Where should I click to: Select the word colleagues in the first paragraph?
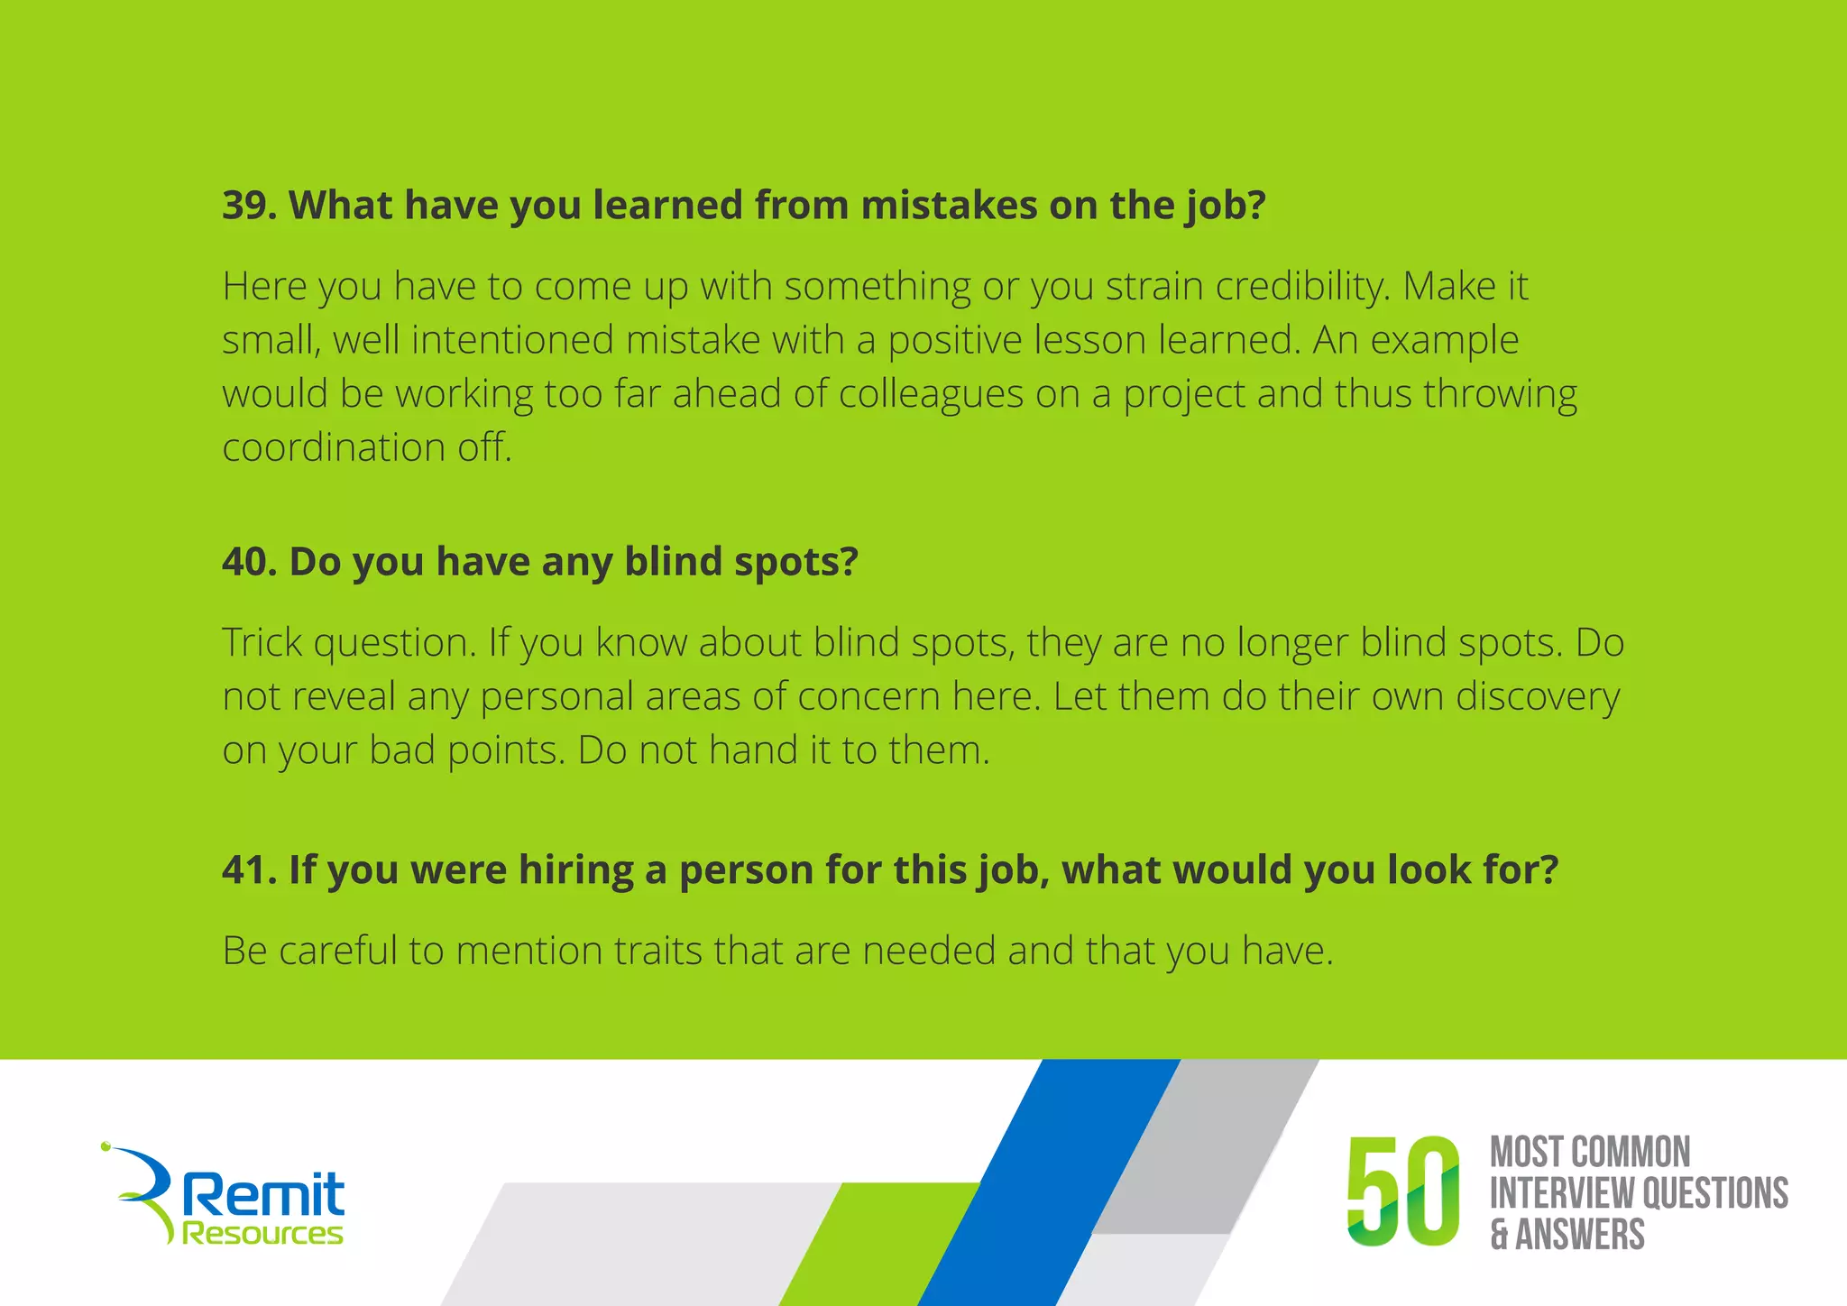931,395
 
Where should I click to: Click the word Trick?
262,643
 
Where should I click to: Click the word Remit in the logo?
263,1195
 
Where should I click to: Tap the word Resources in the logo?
262,1233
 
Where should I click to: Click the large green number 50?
1402,1191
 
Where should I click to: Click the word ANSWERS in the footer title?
1579,1234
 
